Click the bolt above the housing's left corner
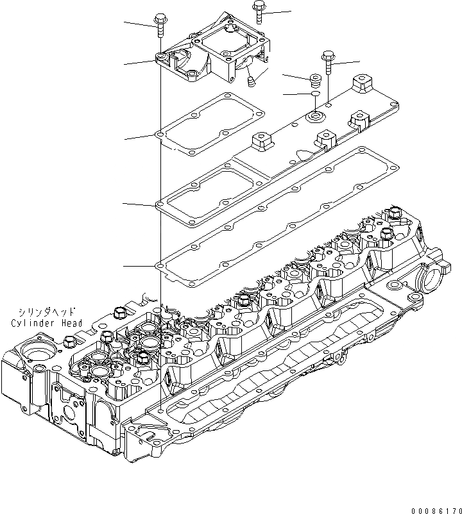(160, 26)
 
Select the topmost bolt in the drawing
(258, 12)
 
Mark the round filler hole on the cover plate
(316, 117)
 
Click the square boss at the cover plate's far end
(361, 83)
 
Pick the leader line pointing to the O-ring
(296, 95)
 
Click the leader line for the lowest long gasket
(140, 265)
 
